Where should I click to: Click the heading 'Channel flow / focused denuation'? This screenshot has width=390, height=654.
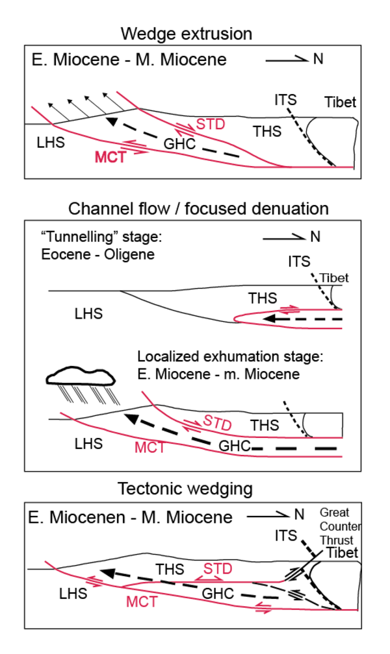[198, 208]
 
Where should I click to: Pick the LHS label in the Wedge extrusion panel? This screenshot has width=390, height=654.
[51, 142]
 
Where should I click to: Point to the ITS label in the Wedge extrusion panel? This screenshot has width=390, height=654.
[285, 100]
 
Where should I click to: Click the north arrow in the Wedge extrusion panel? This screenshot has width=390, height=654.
[286, 60]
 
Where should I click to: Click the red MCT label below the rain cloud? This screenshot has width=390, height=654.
[150, 447]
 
